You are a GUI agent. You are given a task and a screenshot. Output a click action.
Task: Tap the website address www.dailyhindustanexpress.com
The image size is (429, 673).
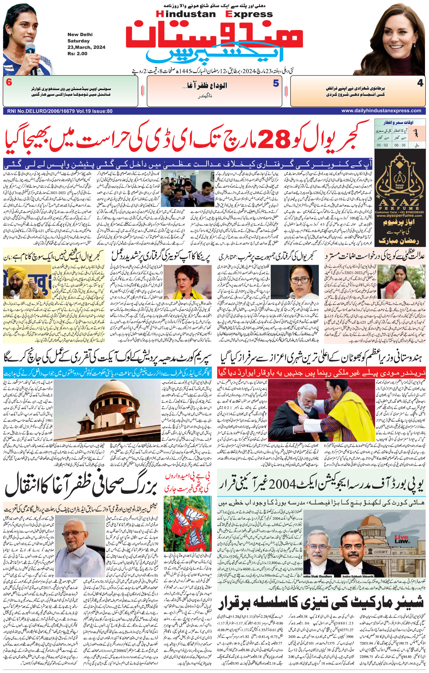381,111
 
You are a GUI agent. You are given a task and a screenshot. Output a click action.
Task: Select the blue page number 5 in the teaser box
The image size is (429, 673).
276,83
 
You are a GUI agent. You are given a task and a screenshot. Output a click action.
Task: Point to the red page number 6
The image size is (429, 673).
9,83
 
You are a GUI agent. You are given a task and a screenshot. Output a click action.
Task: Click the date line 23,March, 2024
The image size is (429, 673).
86,47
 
